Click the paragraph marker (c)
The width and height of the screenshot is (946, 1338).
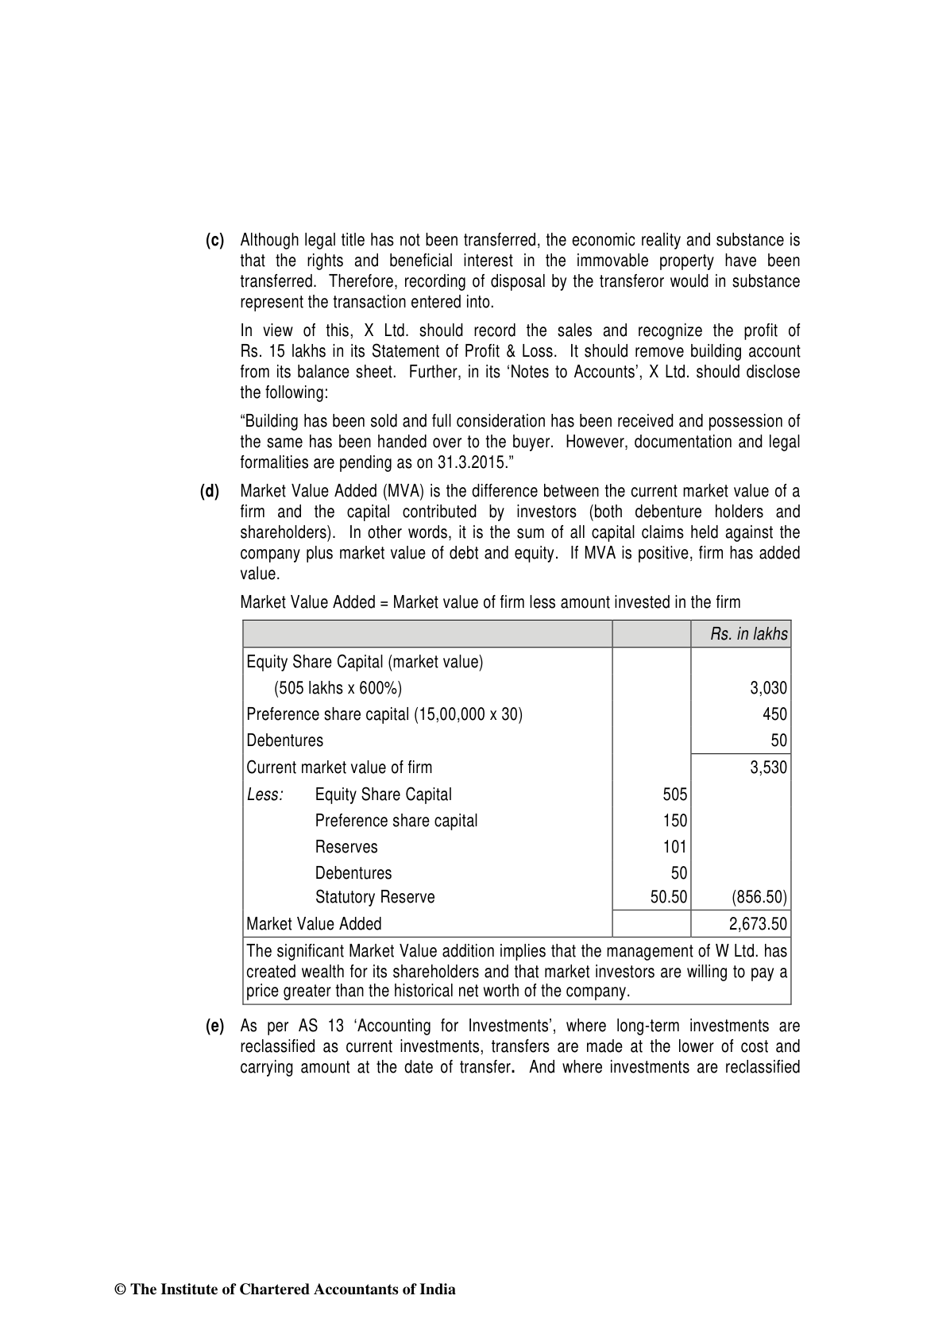pyautogui.click(x=215, y=240)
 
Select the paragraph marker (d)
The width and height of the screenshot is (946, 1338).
pyautogui.click(x=210, y=491)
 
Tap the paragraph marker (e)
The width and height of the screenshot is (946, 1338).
pyautogui.click(x=215, y=1027)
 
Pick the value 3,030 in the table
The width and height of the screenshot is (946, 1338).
pyautogui.click(x=768, y=688)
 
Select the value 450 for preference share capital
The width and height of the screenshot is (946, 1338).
pyautogui.click(x=774, y=714)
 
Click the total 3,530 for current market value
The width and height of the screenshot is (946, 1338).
pyautogui.click(x=768, y=768)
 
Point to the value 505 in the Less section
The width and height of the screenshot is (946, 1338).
pyautogui.click(x=674, y=795)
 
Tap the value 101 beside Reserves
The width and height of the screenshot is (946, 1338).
pyautogui.click(x=674, y=847)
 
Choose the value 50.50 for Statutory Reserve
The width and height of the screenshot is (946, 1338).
pyautogui.click(x=668, y=898)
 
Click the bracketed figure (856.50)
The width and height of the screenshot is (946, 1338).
pyautogui.click(x=759, y=898)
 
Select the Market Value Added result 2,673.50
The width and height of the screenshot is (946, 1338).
pyautogui.click(x=758, y=924)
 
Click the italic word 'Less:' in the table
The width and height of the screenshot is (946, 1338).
pyautogui.click(x=265, y=795)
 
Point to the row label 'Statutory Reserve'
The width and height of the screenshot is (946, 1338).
pyautogui.click(x=375, y=898)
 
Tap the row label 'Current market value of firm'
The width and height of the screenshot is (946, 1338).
pyautogui.click(x=339, y=768)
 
